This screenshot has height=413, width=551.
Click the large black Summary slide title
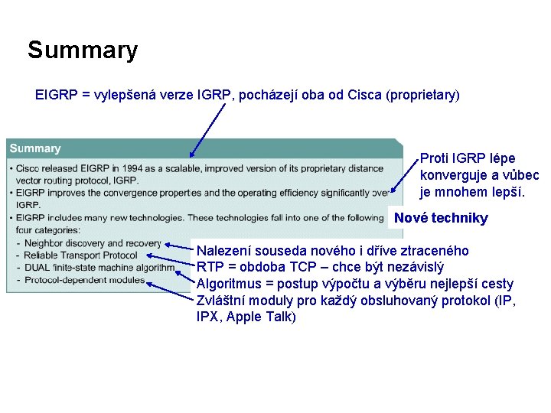(x=83, y=50)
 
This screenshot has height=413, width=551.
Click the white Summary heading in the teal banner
(x=35, y=148)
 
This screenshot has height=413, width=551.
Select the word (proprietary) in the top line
(x=423, y=95)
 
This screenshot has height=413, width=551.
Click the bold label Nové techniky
(x=441, y=219)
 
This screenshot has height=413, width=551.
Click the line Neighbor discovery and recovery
(x=93, y=243)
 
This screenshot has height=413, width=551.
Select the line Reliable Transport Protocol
(x=80, y=255)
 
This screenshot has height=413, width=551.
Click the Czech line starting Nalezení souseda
(x=333, y=251)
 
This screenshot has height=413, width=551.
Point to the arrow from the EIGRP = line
(x=208, y=130)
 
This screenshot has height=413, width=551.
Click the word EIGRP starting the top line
(x=55, y=95)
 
